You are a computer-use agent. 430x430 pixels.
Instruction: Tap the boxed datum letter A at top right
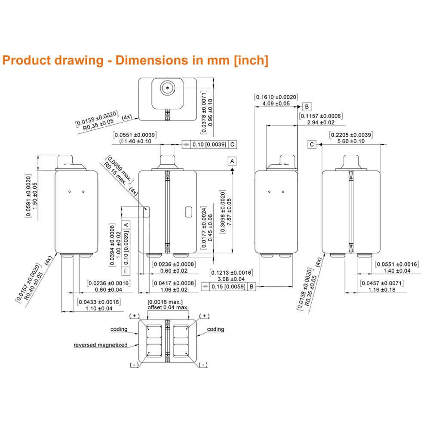232,161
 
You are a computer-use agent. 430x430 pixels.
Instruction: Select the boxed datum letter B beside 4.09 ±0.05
307,106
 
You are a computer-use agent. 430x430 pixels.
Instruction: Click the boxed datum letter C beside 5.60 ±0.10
312,144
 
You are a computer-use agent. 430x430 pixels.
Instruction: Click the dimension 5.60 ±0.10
350,141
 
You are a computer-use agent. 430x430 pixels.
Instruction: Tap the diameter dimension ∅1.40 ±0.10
135,141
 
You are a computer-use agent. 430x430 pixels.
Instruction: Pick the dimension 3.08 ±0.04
231,279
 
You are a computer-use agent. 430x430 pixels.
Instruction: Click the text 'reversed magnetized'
100,345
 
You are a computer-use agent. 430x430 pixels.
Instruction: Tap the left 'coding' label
119,329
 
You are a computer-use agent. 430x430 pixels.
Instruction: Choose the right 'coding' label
215,329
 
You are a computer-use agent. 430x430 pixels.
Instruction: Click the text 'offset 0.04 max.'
168,307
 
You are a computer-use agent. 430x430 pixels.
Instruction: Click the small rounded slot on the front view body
188,212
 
